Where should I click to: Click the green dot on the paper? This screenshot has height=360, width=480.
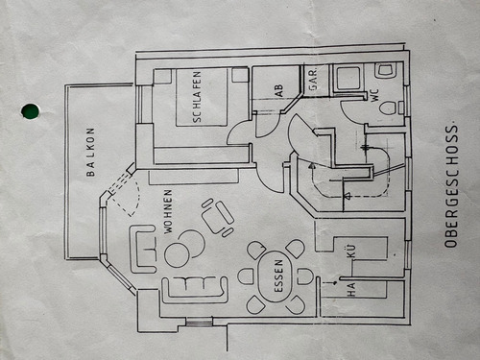[30, 110]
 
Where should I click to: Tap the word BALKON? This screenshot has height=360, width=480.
[91, 153]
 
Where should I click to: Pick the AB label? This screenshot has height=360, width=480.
[278, 90]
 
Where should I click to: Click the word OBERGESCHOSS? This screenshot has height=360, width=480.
[450, 186]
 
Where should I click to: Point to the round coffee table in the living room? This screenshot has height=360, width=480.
[178, 254]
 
